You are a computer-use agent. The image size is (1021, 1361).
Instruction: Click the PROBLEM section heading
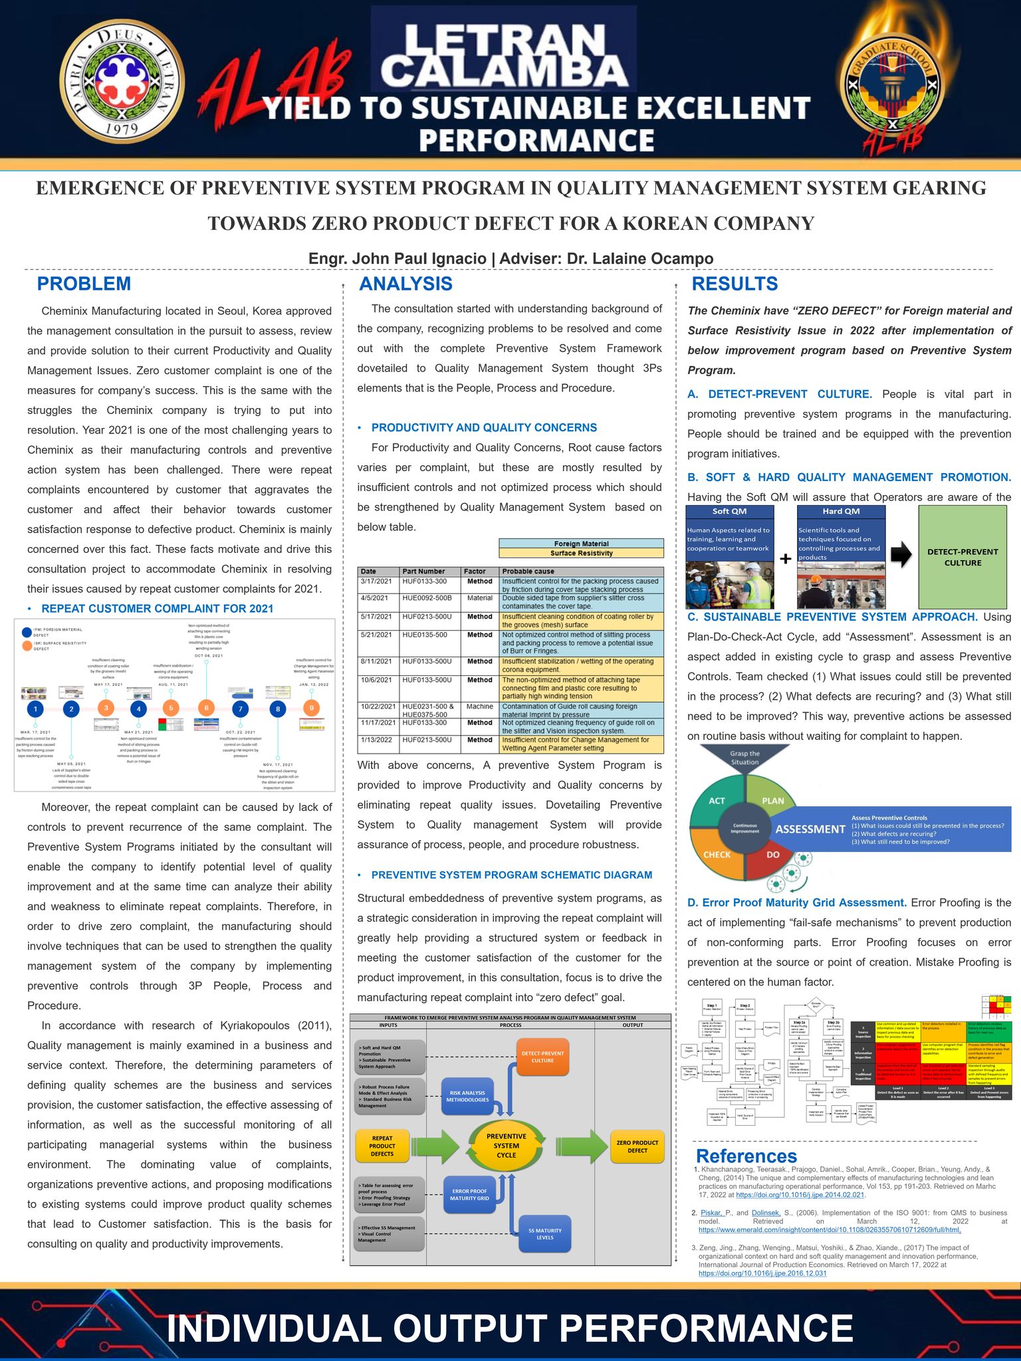pyautogui.click(x=84, y=284)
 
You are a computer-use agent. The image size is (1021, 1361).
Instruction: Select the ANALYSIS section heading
pyautogui.click(x=405, y=284)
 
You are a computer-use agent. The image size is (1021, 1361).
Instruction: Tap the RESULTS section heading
pyautogui.click(x=735, y=284)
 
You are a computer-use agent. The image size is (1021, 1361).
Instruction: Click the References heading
pyautogui.click(x=746, y=1156)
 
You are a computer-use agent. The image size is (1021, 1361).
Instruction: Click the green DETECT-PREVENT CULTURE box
pyautogui.click(x=962, y=557)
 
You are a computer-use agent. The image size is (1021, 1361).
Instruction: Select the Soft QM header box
pyautogui.click(x=729, y=512)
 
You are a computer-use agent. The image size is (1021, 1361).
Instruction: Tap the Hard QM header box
pyautogui.click(x=841, y=512)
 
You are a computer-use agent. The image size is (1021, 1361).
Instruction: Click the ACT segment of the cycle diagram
pyautogui.click(x=717, y=801)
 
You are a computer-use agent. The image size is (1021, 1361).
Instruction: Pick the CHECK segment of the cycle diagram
pyautogui.click(x=717, y=855)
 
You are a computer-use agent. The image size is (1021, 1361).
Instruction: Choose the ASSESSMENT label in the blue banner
pyautogui.click(x=810, y=829)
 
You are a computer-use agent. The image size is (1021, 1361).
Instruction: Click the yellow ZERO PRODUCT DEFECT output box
pyautogui.click(x=637, y=1146)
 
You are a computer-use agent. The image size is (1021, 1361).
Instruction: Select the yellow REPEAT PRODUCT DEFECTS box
pyautogui.click(x=382, y=1146)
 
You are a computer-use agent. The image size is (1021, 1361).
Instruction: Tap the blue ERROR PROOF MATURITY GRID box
pyautogui.click(x=469, y=1194)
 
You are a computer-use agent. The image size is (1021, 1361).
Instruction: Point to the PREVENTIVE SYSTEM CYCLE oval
pyautogui.click(x=507, y=1146)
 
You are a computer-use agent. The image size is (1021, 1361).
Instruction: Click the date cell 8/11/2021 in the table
pyautogui.click(x=377, y=661)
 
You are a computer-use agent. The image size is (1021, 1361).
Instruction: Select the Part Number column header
pyautogui.click(x=423, y=572)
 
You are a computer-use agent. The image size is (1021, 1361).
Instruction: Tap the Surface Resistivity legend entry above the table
pyautogui.click(x=581, y=553)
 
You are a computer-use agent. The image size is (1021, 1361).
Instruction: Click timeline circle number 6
pyautogui.click(x=207, y=708)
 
